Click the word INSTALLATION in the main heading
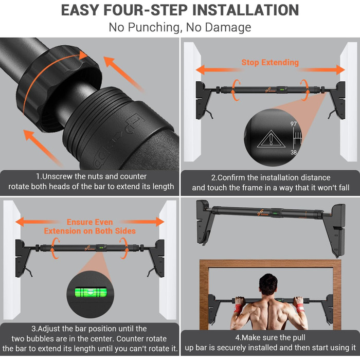245,10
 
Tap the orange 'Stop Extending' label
270,62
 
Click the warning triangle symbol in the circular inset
271,139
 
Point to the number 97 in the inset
294,124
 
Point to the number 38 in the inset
294,152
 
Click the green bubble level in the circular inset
91,293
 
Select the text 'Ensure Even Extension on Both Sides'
90,226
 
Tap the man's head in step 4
268,285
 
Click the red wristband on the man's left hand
238,308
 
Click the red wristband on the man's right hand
300,308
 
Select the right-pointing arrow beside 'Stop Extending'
321,70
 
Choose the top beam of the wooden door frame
270,263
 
